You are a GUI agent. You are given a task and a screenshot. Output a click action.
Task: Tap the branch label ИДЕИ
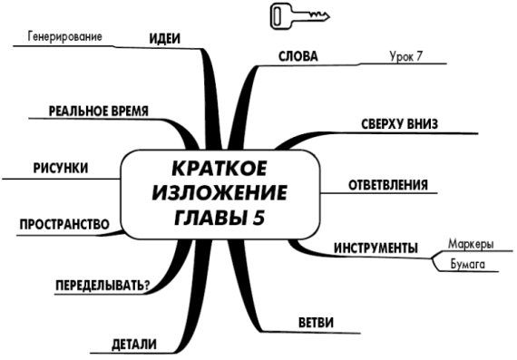pyautogui.click(x=164, y=38)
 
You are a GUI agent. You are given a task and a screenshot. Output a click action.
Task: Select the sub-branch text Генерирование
pyautogui.click(x=63, y=37)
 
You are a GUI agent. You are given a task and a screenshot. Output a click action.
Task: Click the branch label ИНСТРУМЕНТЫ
pyautogui.click(x=376, y=248)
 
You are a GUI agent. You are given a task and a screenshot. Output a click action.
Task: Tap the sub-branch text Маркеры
pyautogui.click(x=471, y=245)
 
